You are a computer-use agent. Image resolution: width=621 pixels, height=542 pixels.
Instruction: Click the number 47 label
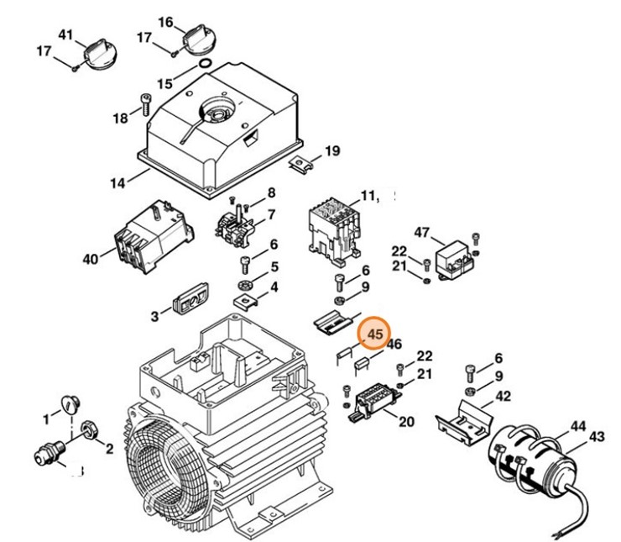(x=422, y=232)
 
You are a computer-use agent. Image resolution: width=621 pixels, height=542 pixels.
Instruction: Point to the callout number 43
(x=597, y=436)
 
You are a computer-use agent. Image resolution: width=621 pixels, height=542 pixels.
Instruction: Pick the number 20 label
(x=406, y=421)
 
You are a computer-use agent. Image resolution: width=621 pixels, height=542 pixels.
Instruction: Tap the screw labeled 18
(x=144, y=106)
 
